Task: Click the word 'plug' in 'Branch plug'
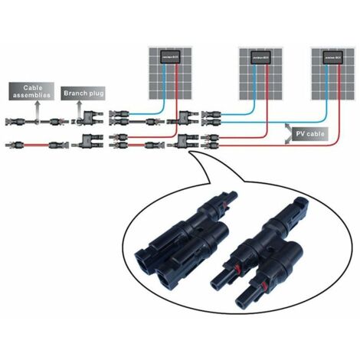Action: point(94,92)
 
